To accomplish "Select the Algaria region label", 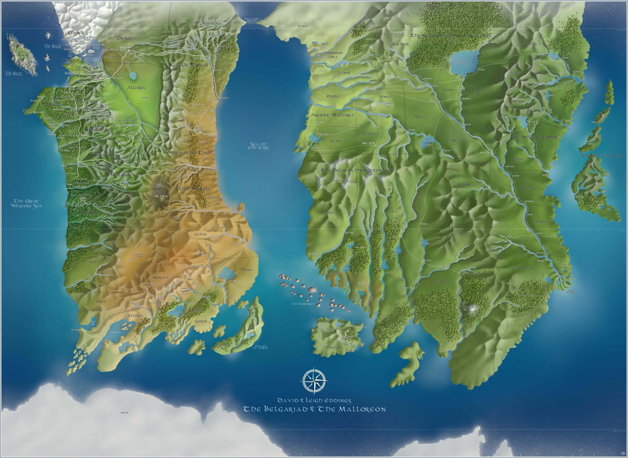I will [136, 88].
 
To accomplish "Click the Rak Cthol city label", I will [161, 196].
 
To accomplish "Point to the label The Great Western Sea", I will [26, 203].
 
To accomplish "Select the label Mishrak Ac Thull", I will [190, 153].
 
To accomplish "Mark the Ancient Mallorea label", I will [332, 115].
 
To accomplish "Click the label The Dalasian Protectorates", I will [357, 170].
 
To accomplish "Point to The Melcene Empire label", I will [534, 137].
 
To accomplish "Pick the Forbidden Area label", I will [333, 55].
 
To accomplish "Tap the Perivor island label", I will [334, 347].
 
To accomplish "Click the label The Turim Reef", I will [303, 304].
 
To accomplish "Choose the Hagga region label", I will [246, 269].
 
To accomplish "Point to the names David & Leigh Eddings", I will [314, 401].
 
